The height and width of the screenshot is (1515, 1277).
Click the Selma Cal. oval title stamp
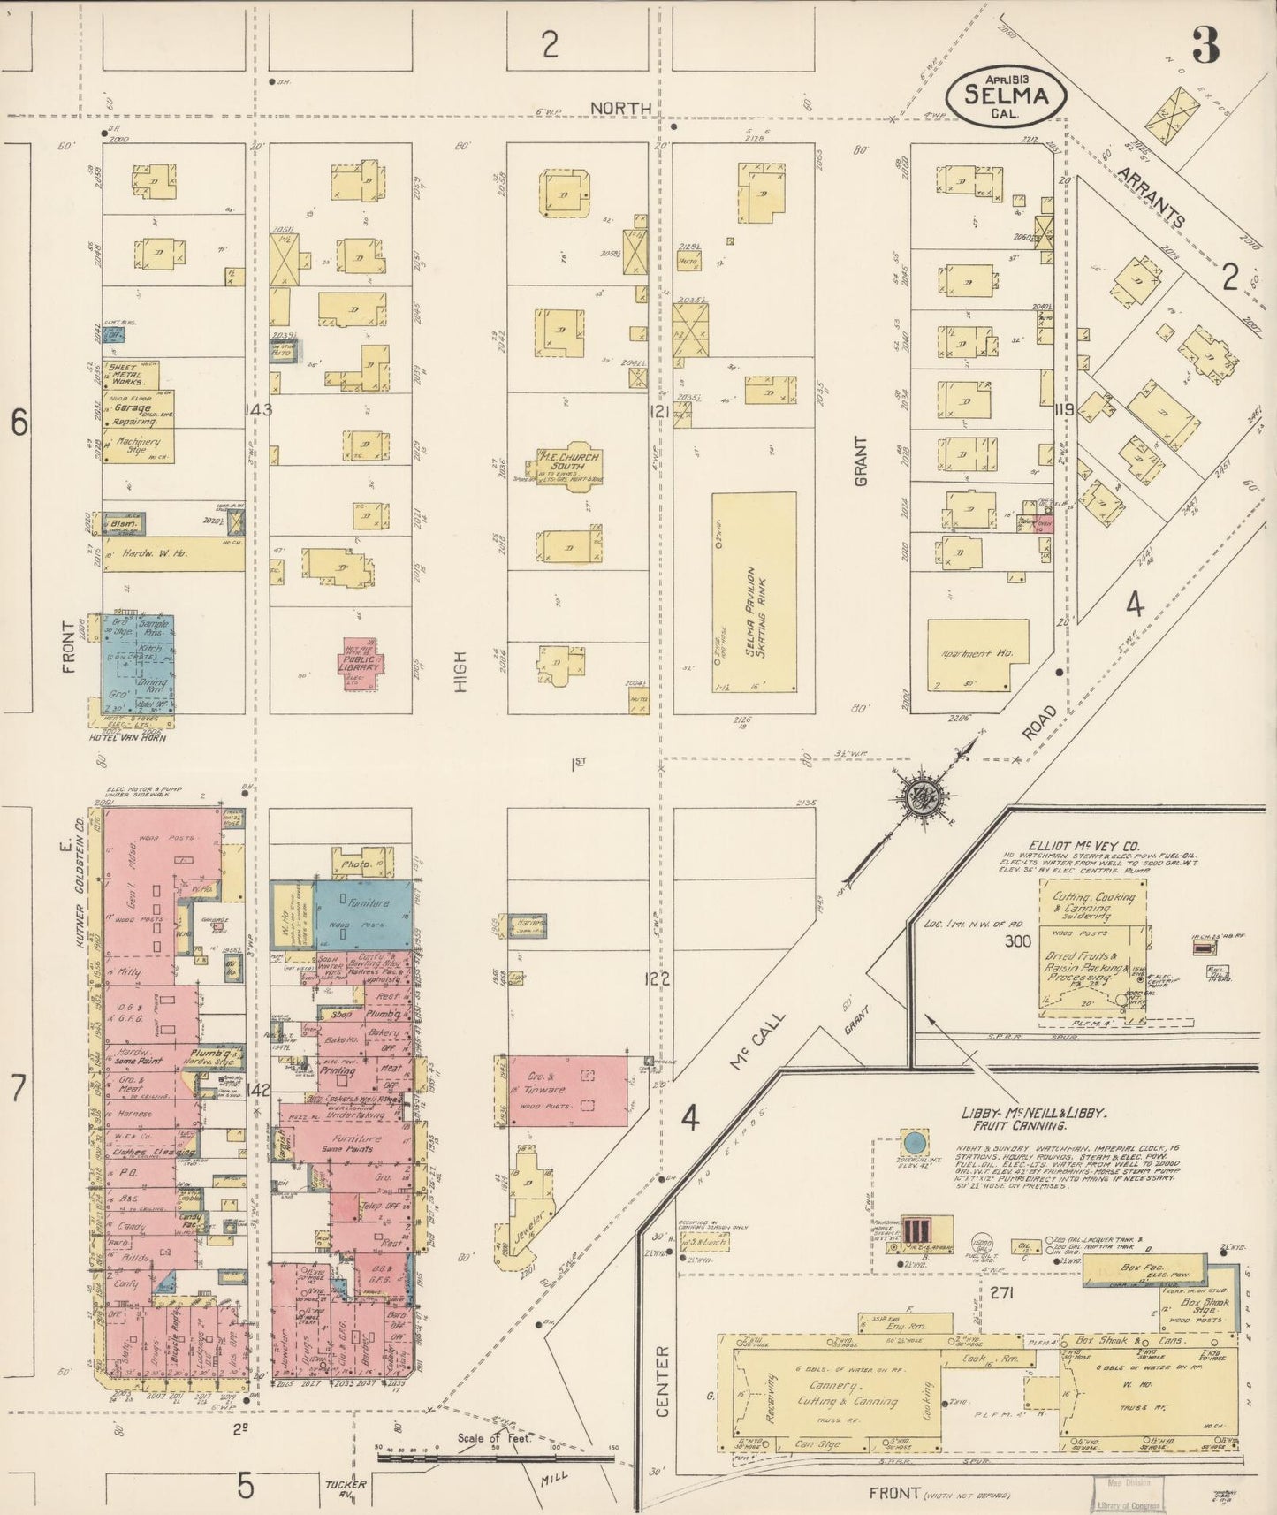(x=1007, y=95)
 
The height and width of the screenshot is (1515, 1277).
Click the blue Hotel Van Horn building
(x=138, y=663)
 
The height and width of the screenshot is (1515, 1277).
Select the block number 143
(x=261, y=410)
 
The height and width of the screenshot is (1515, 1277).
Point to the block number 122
(x=658, y=978)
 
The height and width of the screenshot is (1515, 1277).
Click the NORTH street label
(x=620, y=108)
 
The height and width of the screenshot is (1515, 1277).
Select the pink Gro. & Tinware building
(x=569, y=1090)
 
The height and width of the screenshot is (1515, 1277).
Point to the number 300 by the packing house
(x=1018, y=941)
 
